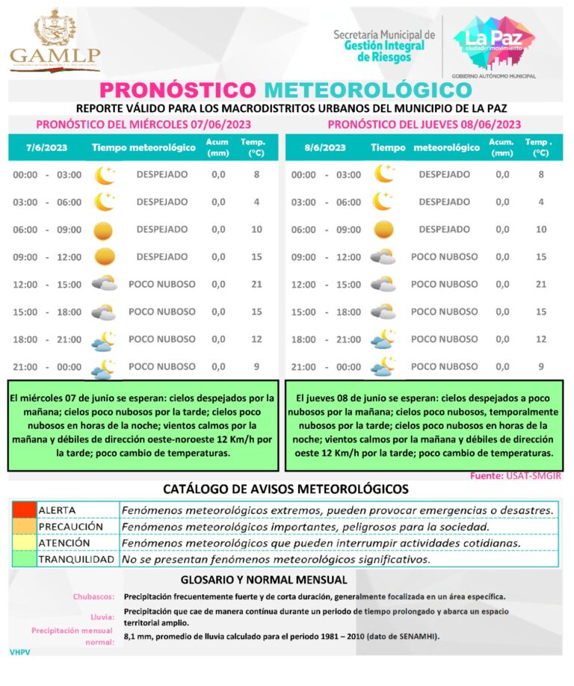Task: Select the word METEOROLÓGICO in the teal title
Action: [368, 90]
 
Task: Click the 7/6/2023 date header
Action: [46, 147]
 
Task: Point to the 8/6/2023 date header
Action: [325, 147]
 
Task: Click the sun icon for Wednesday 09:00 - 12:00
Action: [105, 256]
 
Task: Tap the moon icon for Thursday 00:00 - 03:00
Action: [384, 174]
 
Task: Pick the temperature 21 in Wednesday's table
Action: [256, 284]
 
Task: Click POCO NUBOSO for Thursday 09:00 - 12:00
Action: [444, 256]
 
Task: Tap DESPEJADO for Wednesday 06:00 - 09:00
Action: [162, 229]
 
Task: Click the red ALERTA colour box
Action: [23, 510]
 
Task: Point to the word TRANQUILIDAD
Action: [76, 559]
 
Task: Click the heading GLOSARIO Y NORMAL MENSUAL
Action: [264, 580]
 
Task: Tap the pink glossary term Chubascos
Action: [93, 597]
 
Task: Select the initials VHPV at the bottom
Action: [21, 652]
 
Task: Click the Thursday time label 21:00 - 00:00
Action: [325, 367]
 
